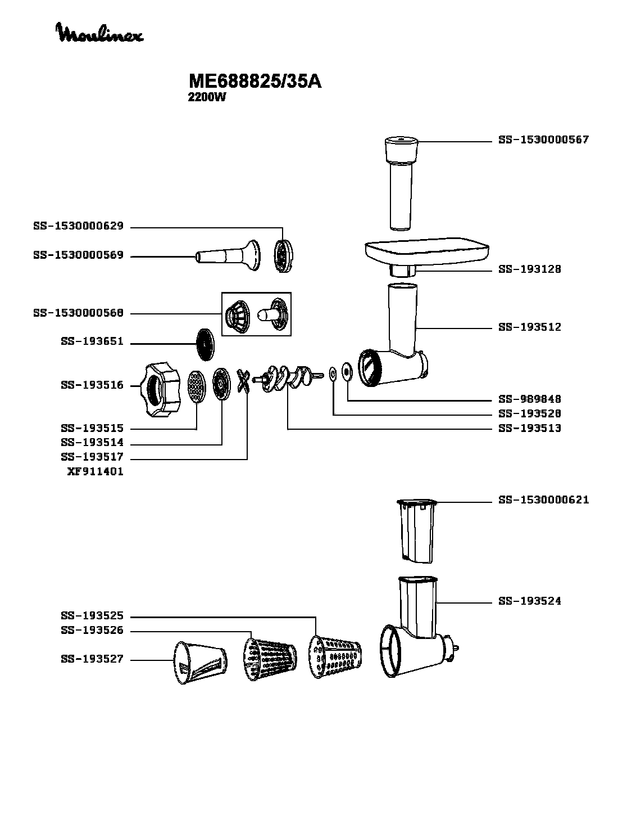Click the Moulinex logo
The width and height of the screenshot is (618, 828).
(x=99, y=33)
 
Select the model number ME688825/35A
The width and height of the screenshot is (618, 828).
(x=255, y=82)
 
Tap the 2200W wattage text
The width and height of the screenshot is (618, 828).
(x=206, y=97)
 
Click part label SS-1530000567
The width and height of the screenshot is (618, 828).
(x=543, y=139)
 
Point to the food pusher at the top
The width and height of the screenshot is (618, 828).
(x=401, y=180)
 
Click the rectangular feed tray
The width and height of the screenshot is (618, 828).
(x=428, y=251)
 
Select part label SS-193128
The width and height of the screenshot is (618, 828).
(x=529, y=269)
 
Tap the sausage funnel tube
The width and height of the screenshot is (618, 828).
(x=228, y=255)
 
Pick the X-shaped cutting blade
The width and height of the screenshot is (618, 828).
(x=243, y=382)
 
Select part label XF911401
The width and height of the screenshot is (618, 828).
(x=95, y=472)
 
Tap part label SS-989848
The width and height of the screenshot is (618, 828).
(x=529, y=399)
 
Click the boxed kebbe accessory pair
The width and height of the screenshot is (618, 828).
(x=256, y=314)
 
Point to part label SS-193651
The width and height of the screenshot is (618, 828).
(x=92, y=342)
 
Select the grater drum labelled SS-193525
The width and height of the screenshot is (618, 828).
(x=334, y=656)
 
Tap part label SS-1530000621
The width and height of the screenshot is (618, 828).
(x=543, y=500)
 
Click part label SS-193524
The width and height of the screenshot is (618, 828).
(x=529, y=601)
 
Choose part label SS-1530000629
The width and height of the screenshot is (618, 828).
(x=78, y=227)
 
